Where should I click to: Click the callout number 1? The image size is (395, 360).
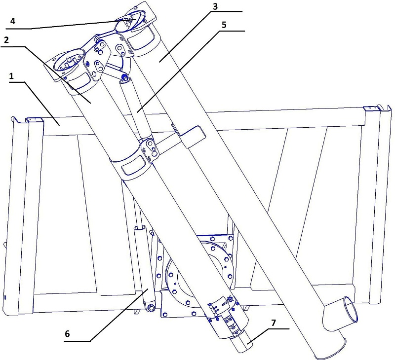tap(11, 76)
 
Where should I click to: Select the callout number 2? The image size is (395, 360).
tap(6, 40)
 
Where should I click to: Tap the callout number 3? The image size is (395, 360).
tap(215, 7)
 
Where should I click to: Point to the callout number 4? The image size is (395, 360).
tap(13, 21)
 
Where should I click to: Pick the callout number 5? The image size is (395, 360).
tap(224, 25)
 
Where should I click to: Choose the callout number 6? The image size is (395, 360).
tap(67, 334)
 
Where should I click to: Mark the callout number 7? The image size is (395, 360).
tap(274, 323)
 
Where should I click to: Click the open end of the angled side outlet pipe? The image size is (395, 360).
tap(351, 309)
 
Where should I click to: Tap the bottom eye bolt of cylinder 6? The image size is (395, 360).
tap(152, 308)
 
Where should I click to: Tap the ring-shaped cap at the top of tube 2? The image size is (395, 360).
tap(70, 61)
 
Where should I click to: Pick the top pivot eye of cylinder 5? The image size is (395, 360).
tap(124, 77)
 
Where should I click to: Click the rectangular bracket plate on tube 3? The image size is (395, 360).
tap(189, 136)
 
